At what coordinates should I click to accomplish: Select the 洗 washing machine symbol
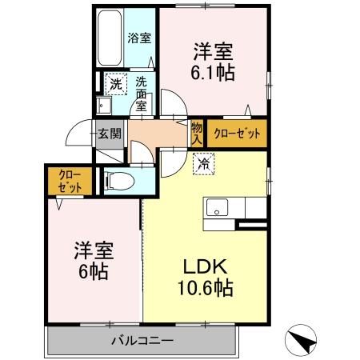(x=115, y=82)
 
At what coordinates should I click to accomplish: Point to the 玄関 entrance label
(x=109, y=134)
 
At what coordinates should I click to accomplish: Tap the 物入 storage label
(x=197, y=133)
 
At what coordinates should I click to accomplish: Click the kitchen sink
(x=216, y=210)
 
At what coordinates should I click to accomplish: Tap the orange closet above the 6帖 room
(x=62, y=182)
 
